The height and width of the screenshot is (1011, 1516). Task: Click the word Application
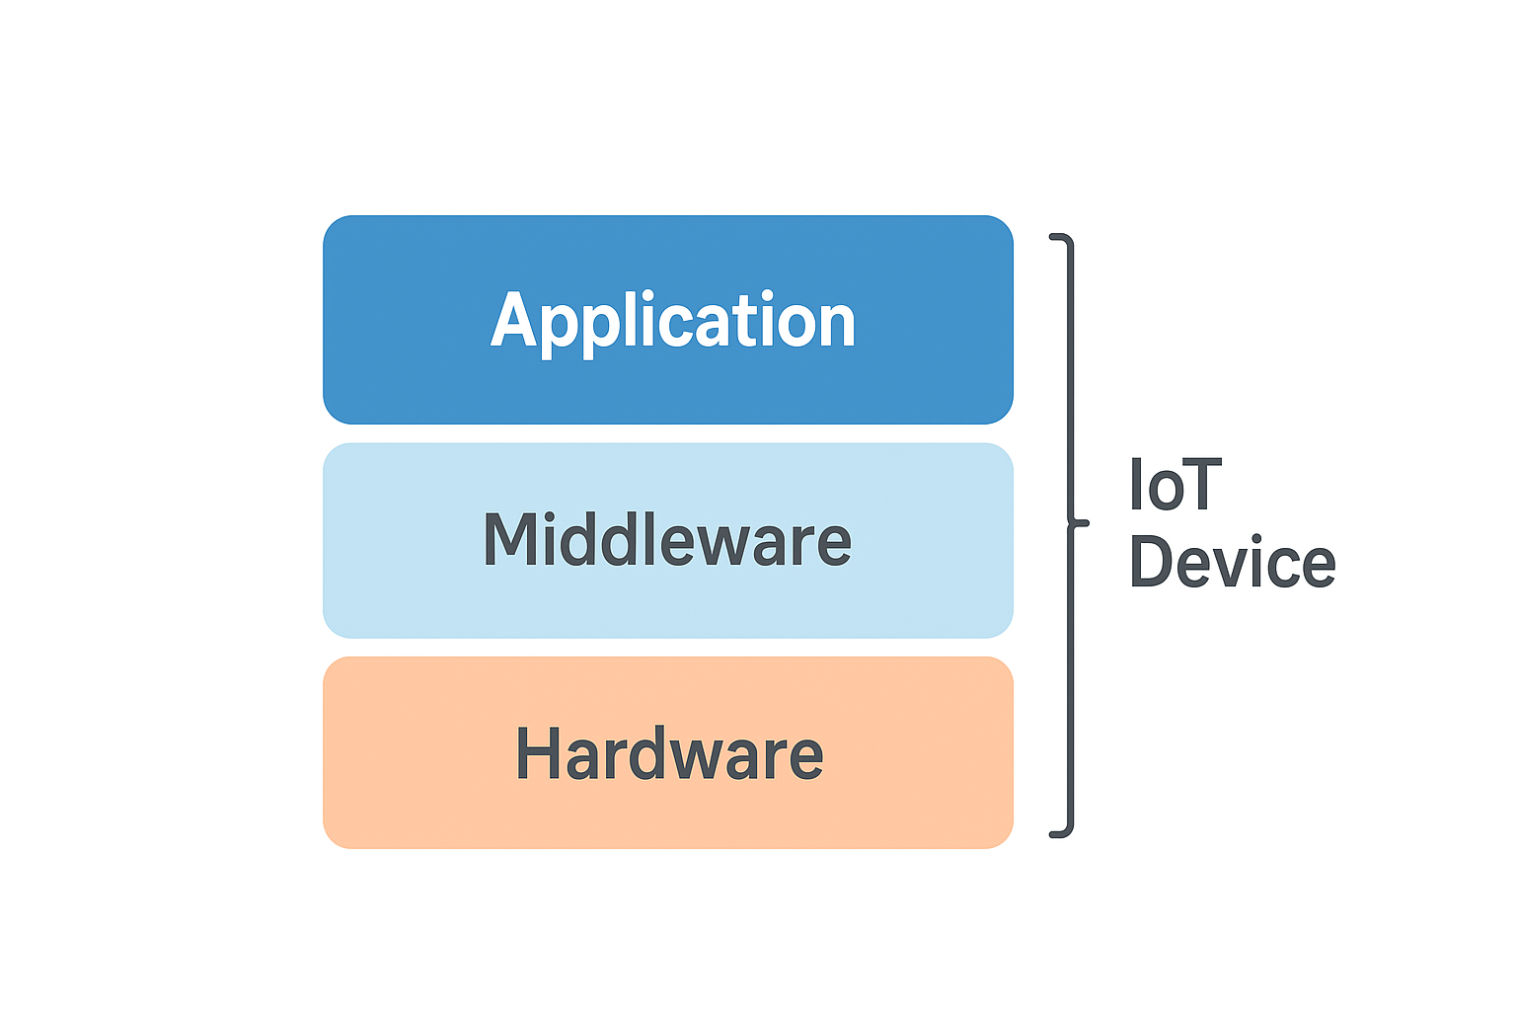[x=673, y=322]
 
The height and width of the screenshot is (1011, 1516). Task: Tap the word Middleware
[x=667, y=540]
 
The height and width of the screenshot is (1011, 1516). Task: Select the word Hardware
[x=669, y=754]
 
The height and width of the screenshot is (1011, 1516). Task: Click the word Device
[x=1232, y=562]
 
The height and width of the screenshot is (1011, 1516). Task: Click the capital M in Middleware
[x=509, y=540]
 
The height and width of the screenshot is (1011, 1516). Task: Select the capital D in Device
[x=1153, y=562]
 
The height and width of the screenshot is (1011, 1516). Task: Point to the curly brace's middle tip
[x=1085, y=522]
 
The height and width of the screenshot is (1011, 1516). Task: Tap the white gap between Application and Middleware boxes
[x=668, y=433]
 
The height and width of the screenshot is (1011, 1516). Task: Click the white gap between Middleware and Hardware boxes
[x=668, y=648]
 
